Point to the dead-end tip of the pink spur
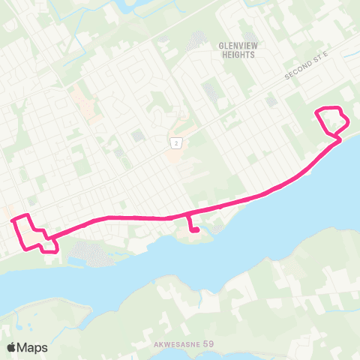coord(196,231)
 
